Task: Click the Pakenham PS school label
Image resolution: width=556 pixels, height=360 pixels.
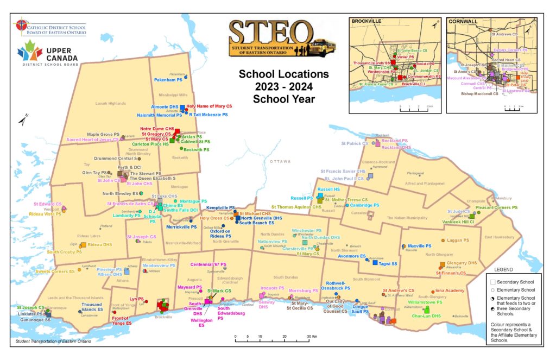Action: [x=167, y=80]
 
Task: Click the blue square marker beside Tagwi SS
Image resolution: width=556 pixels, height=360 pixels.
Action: [x=375, y=263]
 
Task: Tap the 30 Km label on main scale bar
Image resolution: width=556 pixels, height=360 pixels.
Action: [x=312, y=337]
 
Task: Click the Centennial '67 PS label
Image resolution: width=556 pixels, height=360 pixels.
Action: [x=208, y=264]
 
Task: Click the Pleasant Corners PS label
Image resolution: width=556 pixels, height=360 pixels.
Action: [x=496, y=207]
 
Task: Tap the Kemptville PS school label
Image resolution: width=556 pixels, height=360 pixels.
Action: [x=220, y=208]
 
